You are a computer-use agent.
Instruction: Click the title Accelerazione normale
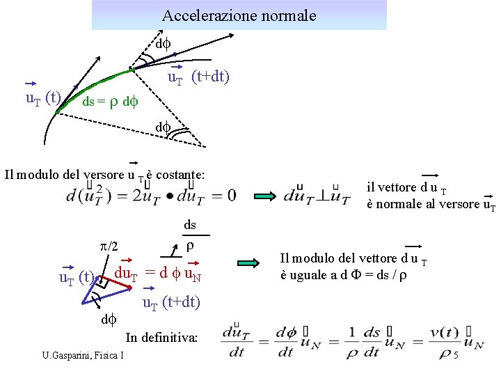click(239, 15)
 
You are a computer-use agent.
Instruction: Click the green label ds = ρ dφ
click(111, 102)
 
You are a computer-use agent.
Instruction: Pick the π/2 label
click(109, 247)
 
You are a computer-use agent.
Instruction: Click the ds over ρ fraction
click(190, 235)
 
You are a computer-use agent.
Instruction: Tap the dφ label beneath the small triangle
click(110, 320)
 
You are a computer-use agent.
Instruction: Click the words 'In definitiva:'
click(161, 338)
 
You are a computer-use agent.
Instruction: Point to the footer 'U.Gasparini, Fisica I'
click(83, 357)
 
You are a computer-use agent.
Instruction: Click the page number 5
click(454, 357)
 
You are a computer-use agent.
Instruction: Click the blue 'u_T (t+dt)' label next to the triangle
click(171, 303)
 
